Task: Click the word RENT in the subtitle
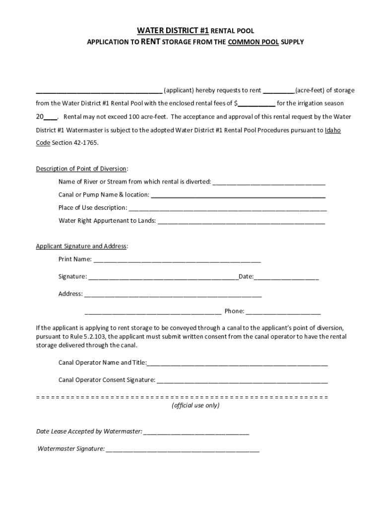(x=150, y=42)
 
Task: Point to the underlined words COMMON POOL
(x=253, y=43)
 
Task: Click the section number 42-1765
(x=86, y=142)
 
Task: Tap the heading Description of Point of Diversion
(x=81, y=169)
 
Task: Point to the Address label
(x=70, y=294)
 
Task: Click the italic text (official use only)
(x=195, y=405)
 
